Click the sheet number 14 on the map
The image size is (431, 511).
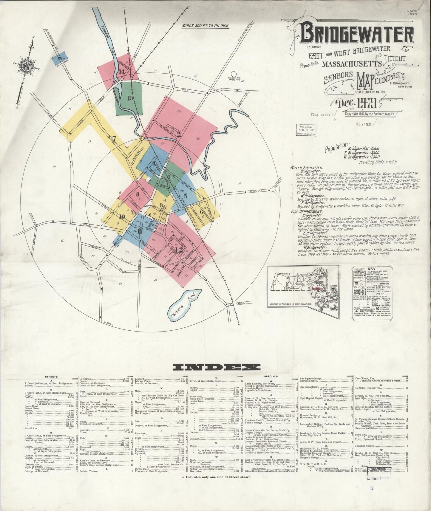coord(122,72)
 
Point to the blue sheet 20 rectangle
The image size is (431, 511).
coord(60,58)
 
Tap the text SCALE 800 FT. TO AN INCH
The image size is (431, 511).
coord(205,26)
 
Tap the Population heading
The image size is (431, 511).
coord(336,148)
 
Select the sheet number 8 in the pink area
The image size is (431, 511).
coord(138,195)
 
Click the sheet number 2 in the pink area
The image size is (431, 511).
coord(178,134)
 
